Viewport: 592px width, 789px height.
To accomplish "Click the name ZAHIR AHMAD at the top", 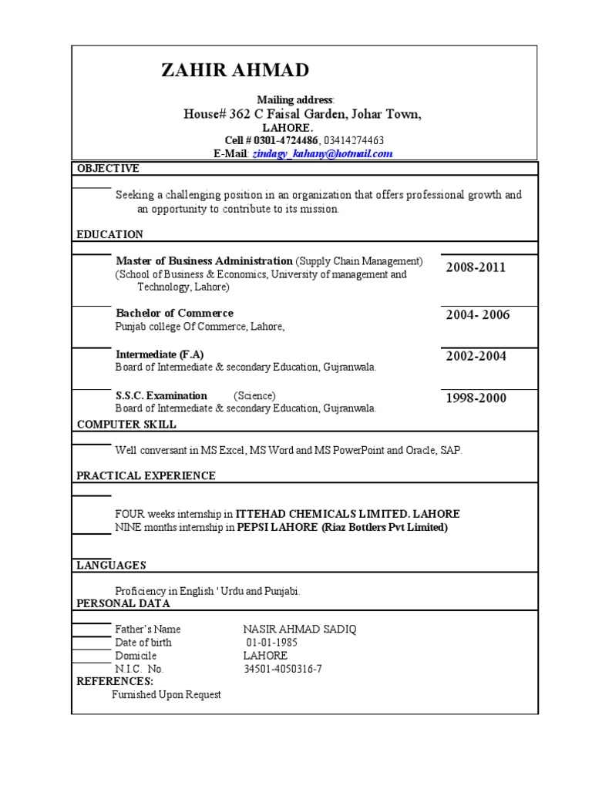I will tap(235, 71).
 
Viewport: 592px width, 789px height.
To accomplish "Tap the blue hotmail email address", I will tap(322, 154).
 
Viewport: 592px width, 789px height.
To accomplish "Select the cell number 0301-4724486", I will tap(282, 140).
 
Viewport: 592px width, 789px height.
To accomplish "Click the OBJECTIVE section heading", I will tap(108, 169).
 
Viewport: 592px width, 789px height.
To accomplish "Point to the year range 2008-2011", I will tap(476, 267).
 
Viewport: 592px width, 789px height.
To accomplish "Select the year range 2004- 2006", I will tap(478, 315).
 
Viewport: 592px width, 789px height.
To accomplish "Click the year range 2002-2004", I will tap(476, 356).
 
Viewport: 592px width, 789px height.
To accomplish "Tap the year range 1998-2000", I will tap(476, 398).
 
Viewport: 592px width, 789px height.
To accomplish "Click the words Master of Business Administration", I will tap(204, 261).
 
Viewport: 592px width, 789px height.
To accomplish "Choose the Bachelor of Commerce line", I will tap(174, 313).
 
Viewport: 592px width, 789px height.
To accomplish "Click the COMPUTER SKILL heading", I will tap(126, 425).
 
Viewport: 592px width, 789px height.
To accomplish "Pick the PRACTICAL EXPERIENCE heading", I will tap(146, 476).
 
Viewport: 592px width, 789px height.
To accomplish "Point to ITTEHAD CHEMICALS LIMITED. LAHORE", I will tap(348, 514).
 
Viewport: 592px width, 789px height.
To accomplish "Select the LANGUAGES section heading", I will tap(111, 566).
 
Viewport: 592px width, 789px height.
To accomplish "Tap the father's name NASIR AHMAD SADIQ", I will tap(300, 630).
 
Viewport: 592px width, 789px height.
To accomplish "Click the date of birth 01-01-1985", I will tap(271, 643).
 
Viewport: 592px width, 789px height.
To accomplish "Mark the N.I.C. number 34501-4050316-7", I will tap(283, 669).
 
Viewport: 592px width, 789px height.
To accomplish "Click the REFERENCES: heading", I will tap(115, 681).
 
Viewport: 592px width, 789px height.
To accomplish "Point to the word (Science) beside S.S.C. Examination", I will tap(254, 396).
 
